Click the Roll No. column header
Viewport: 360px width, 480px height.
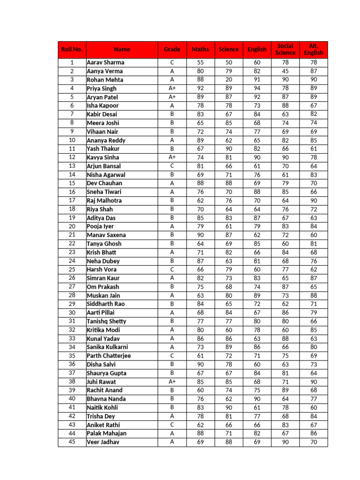(x=72, y=49)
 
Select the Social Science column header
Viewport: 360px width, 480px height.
(x=285, y=49)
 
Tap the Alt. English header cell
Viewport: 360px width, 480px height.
(x=314, y=49)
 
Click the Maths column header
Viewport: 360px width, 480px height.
(x=201, y=49)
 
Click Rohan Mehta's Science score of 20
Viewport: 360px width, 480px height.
(x=229, y=80)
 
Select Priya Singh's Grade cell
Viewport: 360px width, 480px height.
(x=172, y=88)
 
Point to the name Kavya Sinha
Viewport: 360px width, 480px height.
(x=103, y=157)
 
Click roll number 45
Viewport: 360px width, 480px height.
(x=72, y=442)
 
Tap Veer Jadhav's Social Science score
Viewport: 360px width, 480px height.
(x=285, y=442)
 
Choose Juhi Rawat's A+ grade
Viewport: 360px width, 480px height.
(x=172, y=382)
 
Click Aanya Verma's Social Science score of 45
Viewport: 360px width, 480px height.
(x=285, y=71)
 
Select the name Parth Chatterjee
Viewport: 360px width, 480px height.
(x=109, y=356)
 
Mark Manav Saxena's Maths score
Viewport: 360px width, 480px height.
(x=201, y=235)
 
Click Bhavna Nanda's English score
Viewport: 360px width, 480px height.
(x=257, y=399)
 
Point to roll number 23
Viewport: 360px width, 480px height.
(x=72, y=252)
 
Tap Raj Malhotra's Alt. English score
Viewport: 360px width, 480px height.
(x=314, y=201)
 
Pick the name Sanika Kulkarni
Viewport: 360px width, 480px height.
(x=107, y=347)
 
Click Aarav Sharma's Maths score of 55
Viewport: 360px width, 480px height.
(x=201, y=62)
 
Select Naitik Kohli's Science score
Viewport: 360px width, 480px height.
(x=229, y=407)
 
